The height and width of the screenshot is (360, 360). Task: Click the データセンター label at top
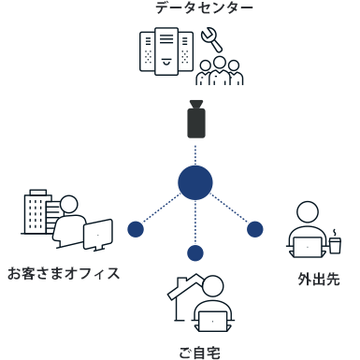pos(204,7)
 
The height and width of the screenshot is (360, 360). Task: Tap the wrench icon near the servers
pos(210,39)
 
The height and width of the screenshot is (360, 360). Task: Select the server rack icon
pos(166,50)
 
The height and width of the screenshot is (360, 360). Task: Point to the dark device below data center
pos(195,121)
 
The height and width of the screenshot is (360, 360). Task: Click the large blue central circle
pos(195,182)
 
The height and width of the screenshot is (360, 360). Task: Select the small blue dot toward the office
pos(136,229)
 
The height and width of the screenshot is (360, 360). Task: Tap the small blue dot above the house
pos(195,252)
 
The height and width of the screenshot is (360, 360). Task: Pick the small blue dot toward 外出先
pos(254,229)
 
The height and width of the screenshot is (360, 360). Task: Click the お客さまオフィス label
pos(64,274)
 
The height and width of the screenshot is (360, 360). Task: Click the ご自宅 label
pos(199,353)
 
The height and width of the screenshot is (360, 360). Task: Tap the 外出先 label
pos(319,279)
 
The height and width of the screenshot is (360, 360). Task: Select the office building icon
pos(36,212)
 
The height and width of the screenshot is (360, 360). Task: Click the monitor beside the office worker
pos(98,235)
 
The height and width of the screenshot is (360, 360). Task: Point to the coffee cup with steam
pos(335,243)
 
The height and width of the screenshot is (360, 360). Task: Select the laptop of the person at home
pos(214,321)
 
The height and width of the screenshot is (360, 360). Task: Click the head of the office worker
pos(69,205)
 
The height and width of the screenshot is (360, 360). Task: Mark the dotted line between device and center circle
pos(195,152)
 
